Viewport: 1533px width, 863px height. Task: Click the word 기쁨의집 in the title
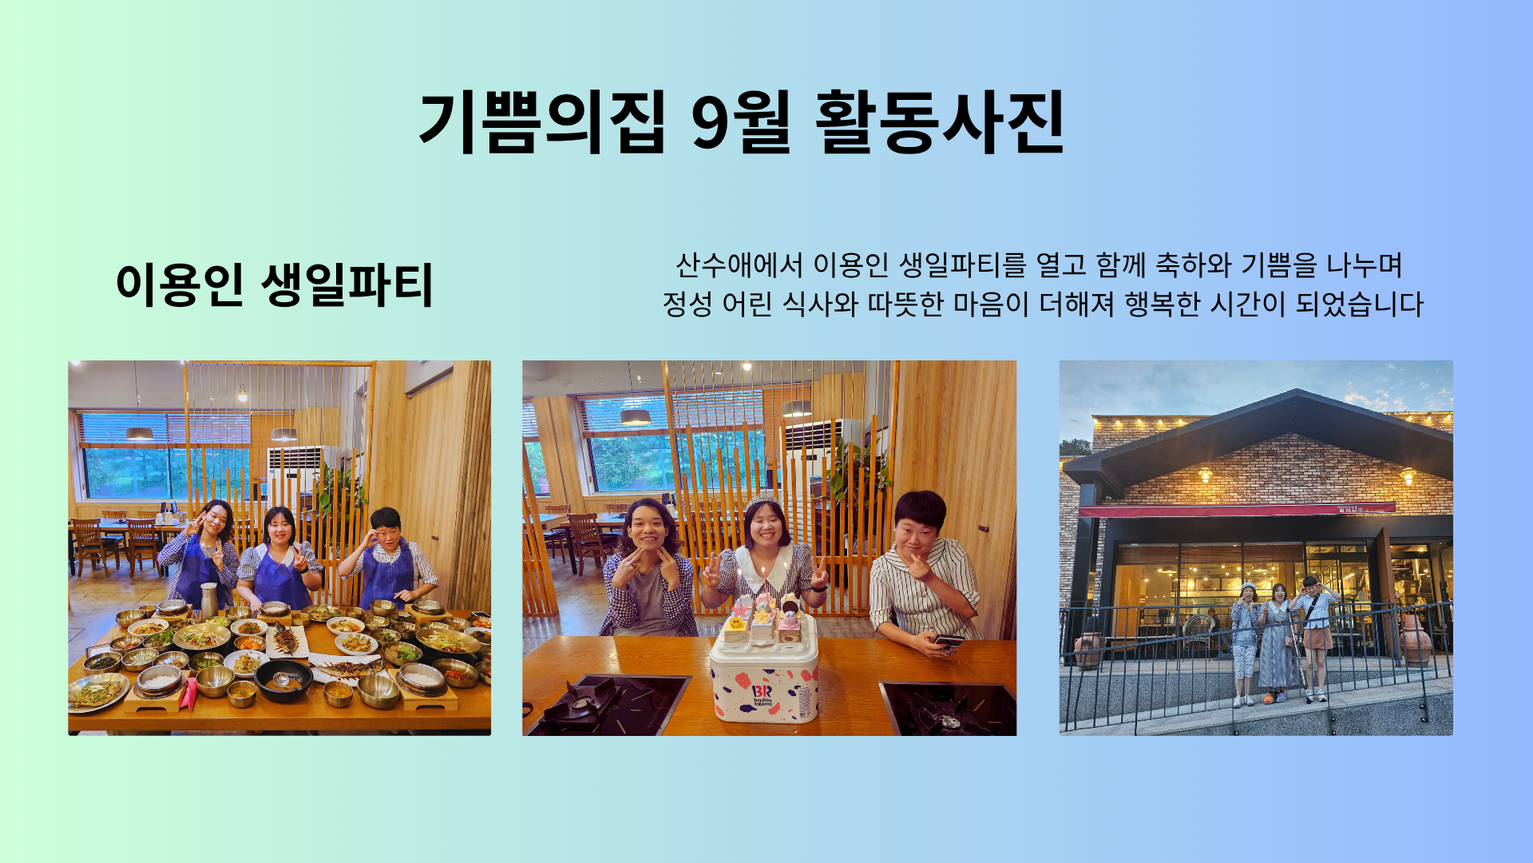pos(541,121)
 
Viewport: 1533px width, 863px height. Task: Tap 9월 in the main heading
pos(741,121)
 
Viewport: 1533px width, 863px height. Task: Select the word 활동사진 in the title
pos(940,121)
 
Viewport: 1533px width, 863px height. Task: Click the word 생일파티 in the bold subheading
pos(347,284)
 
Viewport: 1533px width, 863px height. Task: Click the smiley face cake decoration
pos(736,620)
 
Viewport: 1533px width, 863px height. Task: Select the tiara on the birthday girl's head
pos(763,499)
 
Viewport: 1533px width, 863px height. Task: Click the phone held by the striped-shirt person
pos(949,640)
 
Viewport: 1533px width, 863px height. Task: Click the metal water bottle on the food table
pos(208,600)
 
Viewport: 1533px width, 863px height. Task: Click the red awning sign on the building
pos(1237,510)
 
